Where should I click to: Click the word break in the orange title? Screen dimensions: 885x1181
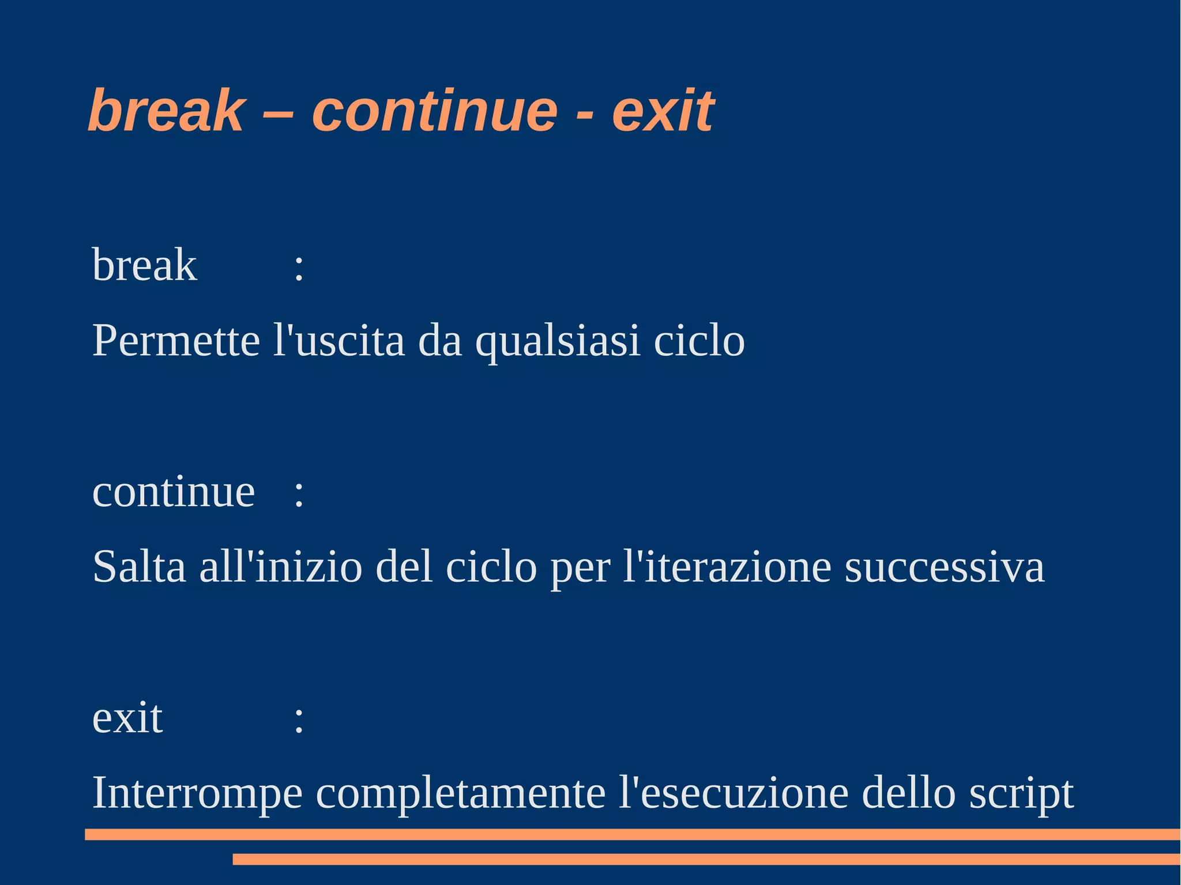(166, 111)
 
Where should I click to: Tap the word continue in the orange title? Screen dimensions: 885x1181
(435, 111)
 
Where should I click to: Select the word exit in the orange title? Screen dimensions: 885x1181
(663, 111)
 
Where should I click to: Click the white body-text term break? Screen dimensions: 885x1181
(145, 265)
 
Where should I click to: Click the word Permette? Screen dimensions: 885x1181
(176, 341)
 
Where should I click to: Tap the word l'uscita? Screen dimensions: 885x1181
(339, 341)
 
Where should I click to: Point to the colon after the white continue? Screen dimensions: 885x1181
(299, 495)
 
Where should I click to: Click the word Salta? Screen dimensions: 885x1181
(139, 567)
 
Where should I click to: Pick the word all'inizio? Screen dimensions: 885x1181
(281, 567)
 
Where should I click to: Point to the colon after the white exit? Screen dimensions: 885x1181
(299, 721)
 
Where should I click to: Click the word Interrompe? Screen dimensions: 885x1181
(197, 794)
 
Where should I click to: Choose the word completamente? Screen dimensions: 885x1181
(461, 794)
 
